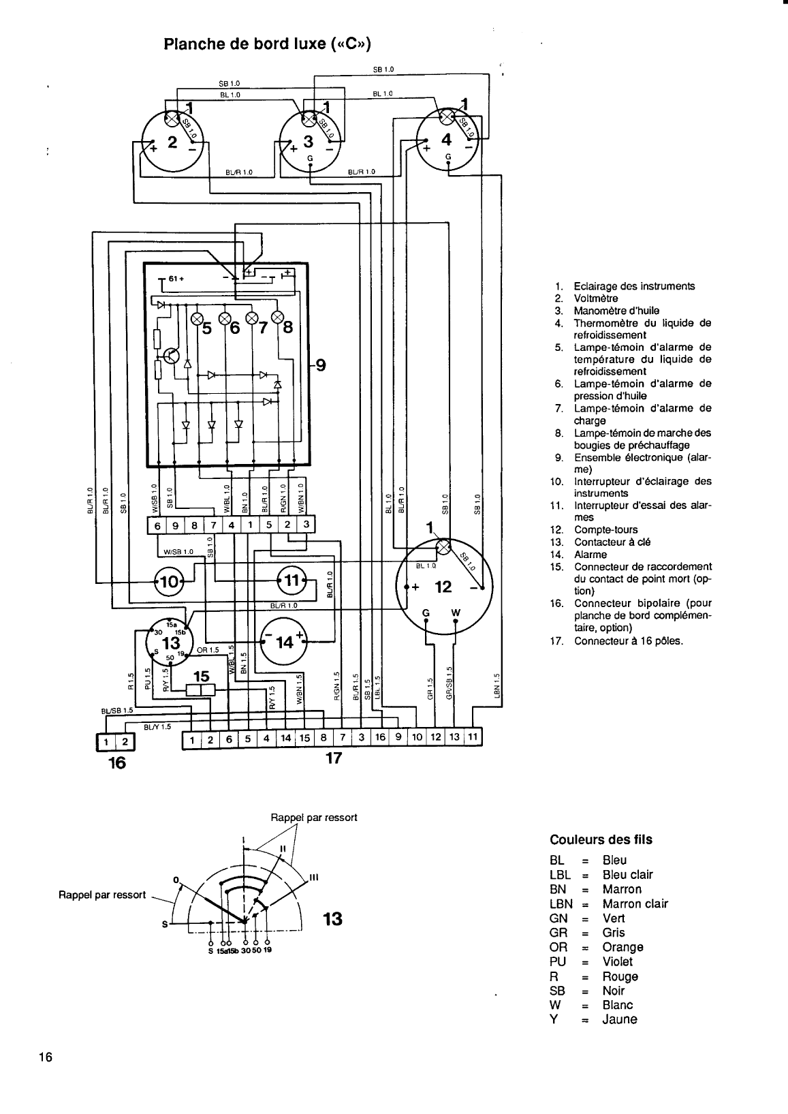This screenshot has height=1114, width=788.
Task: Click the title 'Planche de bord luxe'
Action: pyautogui.click(x=268, y=44)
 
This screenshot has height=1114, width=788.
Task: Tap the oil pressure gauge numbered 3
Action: pyautogui.click(x=309, y=142)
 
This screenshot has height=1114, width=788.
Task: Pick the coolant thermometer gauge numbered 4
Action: pyautogui.click(x=447, y=140)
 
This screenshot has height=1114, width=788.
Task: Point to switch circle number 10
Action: pyautogui.click(x=168, y=581)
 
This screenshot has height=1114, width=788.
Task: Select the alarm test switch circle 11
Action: pyautogui.click(x=291, y=581)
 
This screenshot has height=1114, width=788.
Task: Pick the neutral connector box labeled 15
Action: pyautogui.click(x=201, y=689)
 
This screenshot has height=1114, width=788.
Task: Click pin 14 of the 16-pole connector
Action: pyautogui.click(x=285, y=739)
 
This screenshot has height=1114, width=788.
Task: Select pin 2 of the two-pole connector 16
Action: pyautogui.click(x=125, y=742)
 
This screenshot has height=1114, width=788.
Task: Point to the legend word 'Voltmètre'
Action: pyautogui.click(x=596, y=298)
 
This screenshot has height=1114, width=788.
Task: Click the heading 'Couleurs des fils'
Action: pyautogui.click(x=600, y=839)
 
